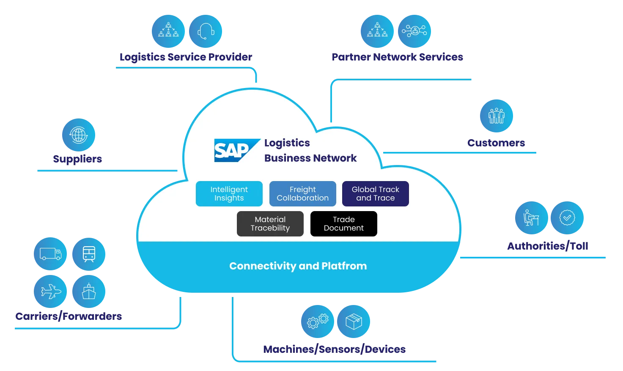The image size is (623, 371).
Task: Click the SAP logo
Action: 235,150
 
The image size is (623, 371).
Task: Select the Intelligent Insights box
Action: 229,194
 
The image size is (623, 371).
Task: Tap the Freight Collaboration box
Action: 302,194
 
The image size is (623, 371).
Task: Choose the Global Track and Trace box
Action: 375,194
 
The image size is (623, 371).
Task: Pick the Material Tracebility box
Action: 270,224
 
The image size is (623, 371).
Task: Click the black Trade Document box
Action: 343,224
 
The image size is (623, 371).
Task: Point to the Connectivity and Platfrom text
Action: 298,266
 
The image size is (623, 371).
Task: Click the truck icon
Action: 51,254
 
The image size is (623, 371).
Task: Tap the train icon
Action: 89,254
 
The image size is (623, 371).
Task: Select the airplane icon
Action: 51,291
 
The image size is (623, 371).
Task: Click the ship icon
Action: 89,291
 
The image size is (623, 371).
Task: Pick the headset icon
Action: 206,31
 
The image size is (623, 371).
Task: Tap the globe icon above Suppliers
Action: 79,135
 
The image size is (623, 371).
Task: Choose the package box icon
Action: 354,322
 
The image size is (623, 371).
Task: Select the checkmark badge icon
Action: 567,218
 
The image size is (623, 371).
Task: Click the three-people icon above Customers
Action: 496,115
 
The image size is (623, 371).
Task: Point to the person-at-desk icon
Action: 531,218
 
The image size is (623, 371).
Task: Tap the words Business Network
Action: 310,158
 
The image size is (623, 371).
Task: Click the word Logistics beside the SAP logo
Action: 287,143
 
